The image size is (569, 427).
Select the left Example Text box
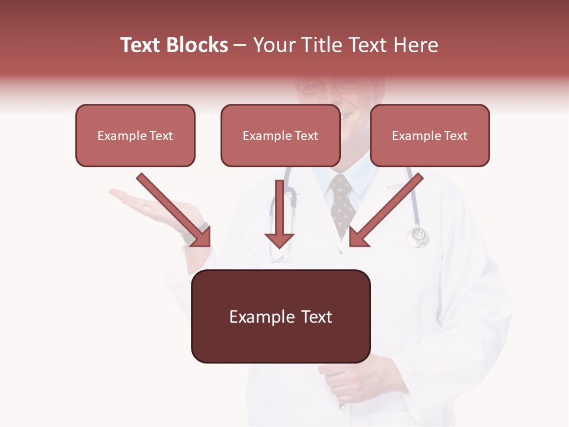135,135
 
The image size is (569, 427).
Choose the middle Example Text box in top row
280,135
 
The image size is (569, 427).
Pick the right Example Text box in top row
430,135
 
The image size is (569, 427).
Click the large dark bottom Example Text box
280,316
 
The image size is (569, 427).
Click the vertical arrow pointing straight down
279,213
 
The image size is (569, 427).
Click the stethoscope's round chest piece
418,235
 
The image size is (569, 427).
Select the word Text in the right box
455,136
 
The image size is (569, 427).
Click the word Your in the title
273,45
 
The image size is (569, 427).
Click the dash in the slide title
240,45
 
